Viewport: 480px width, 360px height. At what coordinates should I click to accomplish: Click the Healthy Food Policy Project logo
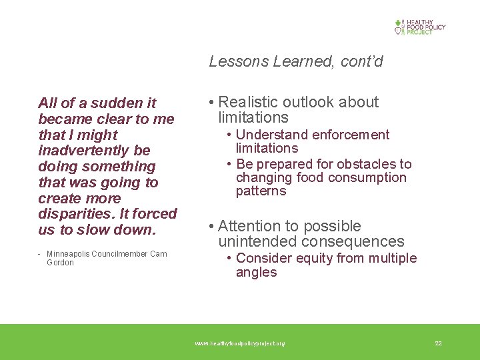419,27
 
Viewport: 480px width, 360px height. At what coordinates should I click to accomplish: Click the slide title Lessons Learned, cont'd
296,62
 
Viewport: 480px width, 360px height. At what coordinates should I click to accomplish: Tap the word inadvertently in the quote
95,151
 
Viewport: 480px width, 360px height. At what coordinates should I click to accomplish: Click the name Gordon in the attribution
60,263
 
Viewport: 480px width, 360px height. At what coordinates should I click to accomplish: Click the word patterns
261,191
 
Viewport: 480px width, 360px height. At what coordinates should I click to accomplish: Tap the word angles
256,273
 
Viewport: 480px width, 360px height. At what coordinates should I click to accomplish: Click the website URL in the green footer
240,343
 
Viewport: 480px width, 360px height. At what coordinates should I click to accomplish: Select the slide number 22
438,343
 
